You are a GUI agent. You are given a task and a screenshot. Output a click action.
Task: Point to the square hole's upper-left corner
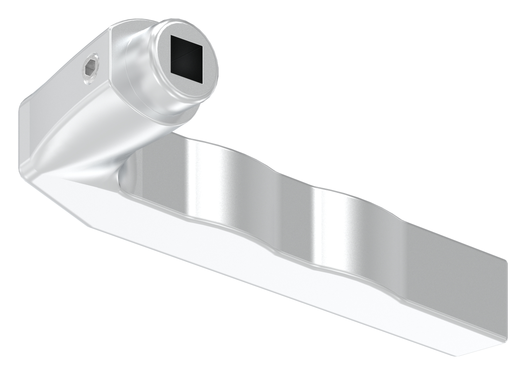click(172, 37)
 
